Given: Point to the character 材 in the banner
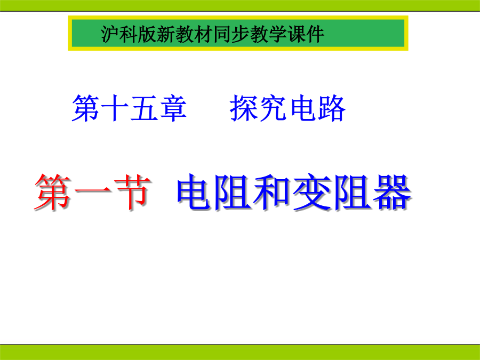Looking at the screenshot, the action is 203,34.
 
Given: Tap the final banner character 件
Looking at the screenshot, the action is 315,34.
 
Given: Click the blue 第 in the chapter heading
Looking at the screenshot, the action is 86,108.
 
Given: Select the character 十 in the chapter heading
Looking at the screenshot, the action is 115,108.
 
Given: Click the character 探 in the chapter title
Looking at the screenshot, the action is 244,108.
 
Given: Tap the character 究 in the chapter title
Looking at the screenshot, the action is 273,108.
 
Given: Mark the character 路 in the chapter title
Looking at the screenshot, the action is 332,108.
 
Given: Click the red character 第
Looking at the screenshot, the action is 53,192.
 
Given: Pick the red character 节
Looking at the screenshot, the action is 133,192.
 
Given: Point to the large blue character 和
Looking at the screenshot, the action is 272,192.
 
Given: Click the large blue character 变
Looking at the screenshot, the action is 312,192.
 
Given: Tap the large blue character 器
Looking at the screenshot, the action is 392,192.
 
